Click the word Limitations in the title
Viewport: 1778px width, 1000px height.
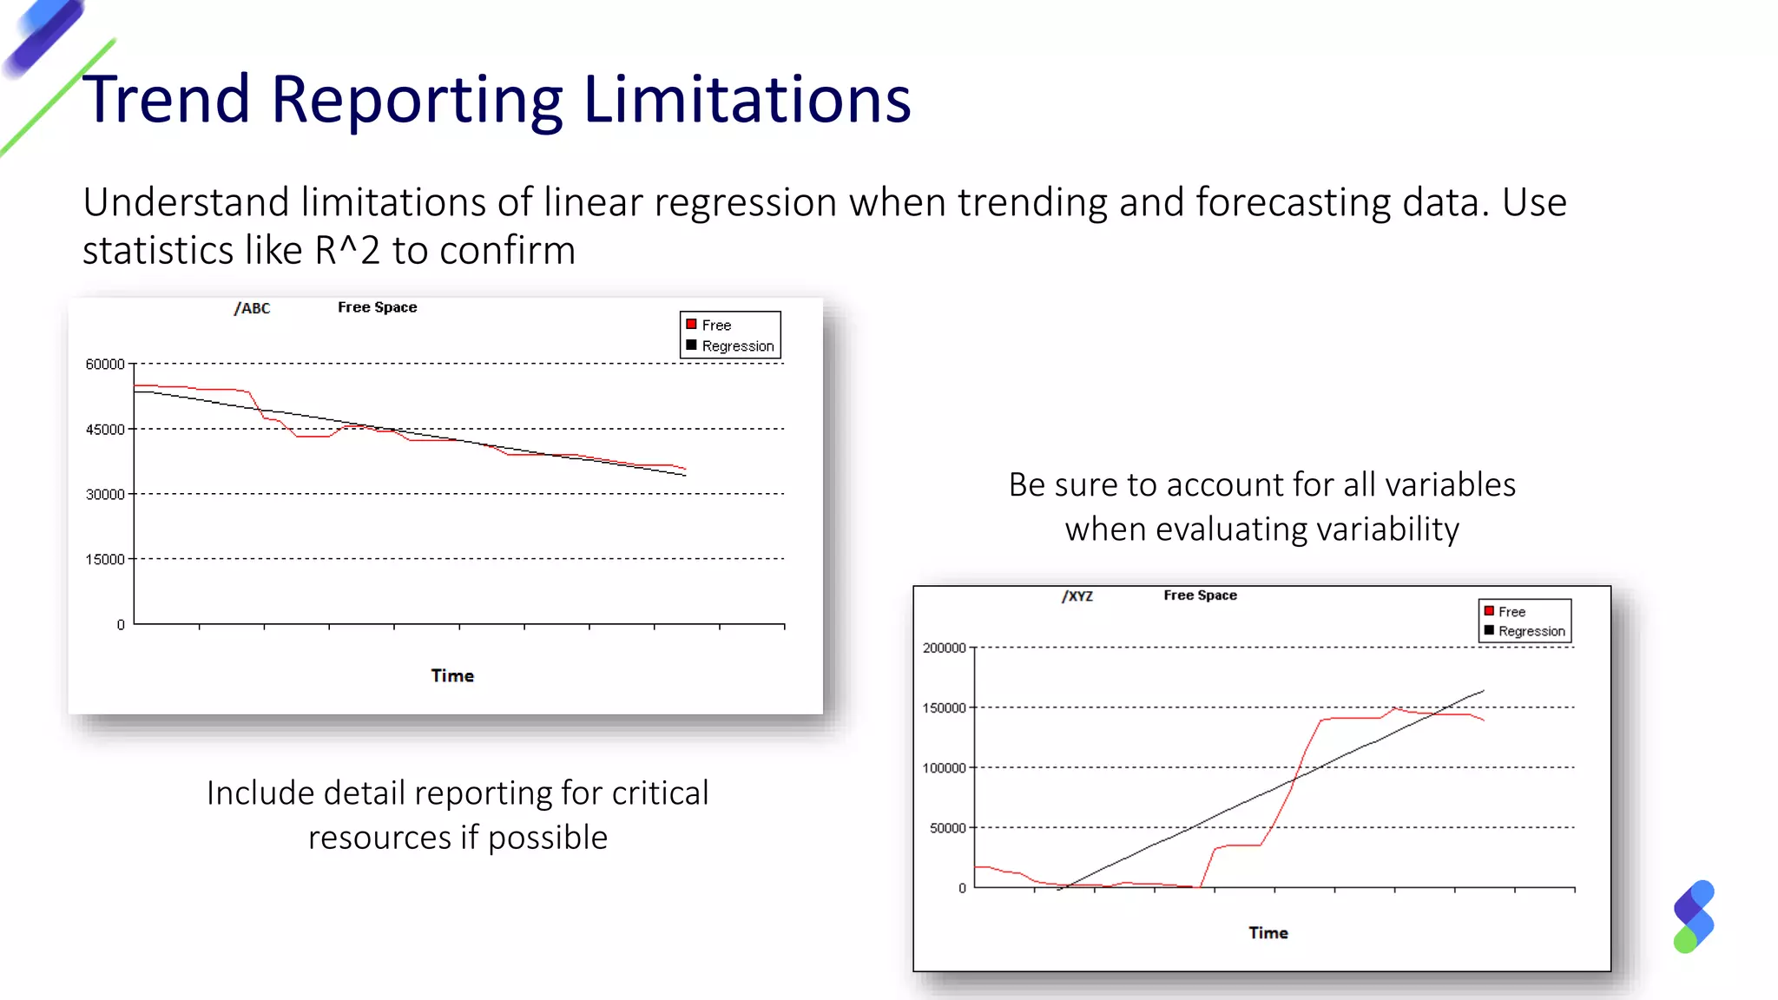747,100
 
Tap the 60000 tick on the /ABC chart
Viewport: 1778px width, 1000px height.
105,365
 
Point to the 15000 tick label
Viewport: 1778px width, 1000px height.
105,560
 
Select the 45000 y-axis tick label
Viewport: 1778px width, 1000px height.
105,430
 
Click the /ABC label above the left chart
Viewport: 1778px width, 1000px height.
252,308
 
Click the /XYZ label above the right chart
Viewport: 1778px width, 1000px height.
1077,596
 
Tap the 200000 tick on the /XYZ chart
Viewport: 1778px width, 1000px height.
944,648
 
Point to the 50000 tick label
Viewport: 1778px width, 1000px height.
947,829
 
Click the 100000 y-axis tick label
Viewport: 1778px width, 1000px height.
944,768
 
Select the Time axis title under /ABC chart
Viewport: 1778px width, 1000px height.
452,676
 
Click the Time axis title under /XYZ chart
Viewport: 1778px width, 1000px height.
1268,933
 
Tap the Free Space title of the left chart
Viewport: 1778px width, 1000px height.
377,307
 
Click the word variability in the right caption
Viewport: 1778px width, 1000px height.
1375,530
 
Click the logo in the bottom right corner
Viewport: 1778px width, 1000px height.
1693,917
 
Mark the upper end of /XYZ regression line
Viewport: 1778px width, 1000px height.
1483,691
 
